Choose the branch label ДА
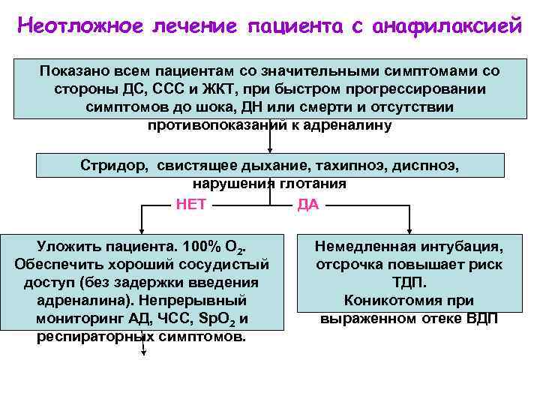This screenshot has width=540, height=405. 307,205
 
